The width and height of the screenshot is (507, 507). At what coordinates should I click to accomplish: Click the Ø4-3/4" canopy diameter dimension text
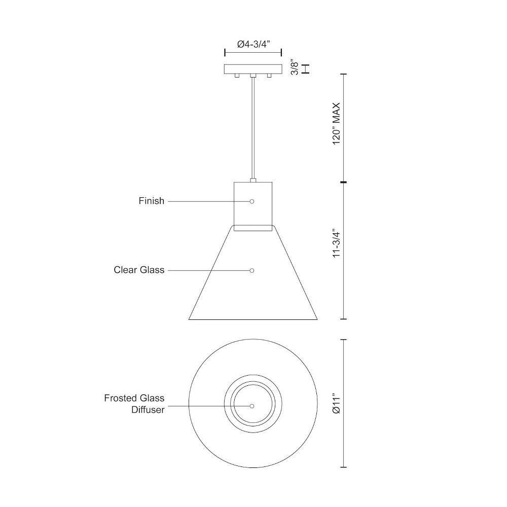(253, 44)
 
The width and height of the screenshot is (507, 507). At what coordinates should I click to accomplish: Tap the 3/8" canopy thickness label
(295, 67)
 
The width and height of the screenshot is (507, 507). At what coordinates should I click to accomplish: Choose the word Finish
(151, 201)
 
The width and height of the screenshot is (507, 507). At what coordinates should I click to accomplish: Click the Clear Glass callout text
(139, 270)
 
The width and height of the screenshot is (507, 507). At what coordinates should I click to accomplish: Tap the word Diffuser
(148, 410)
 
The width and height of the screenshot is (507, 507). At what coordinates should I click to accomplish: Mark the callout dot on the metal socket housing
(252, 201)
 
